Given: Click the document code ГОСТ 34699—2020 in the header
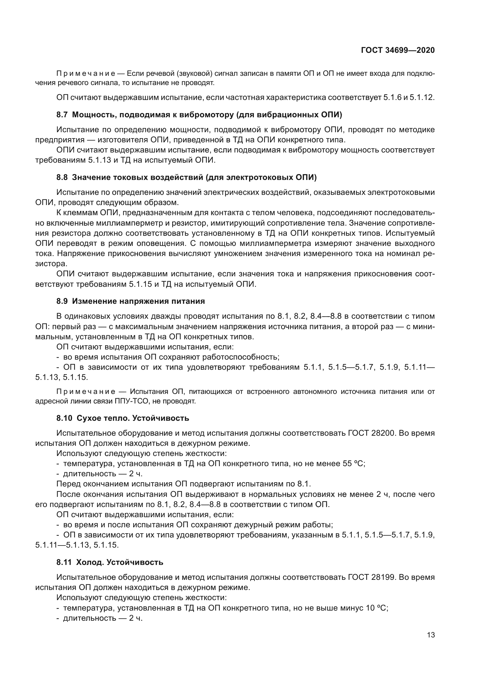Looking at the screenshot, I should pos(398,50).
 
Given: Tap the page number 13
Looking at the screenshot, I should pos(431,635).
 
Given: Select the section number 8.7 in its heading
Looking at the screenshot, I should pos(62,115).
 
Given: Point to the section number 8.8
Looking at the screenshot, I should pos(62,177).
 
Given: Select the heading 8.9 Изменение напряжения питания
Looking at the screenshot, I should pos(131,301).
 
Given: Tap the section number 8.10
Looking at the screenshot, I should pos(64,418).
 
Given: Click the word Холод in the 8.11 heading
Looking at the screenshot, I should pos(86,562).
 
